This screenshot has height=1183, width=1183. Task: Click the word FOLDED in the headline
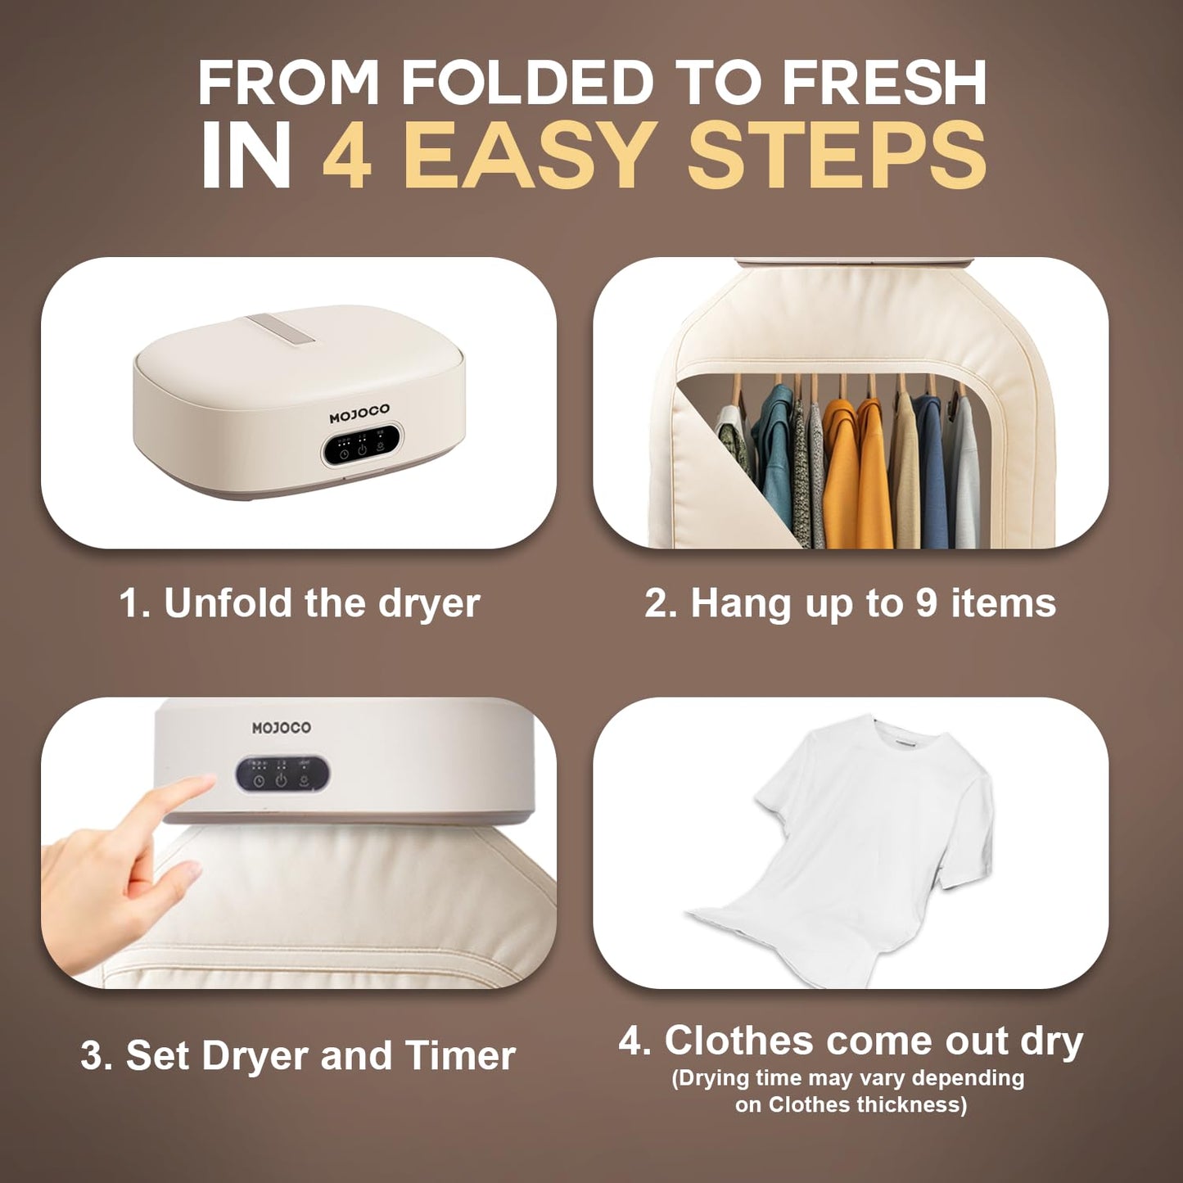526,84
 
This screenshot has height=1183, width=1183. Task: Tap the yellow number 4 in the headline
348,155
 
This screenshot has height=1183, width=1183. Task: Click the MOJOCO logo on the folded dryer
359,414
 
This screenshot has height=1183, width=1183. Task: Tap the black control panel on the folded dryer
361,445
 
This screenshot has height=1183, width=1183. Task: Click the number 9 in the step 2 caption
926,603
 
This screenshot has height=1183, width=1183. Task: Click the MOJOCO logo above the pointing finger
281,728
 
